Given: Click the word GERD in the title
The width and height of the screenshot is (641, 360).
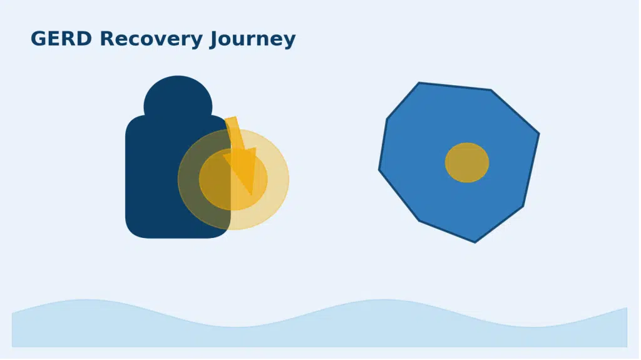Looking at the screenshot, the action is pyautogui.click(x=61, y=38).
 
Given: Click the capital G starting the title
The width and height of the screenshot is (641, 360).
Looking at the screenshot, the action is pyautogui.click(x=38, y=38).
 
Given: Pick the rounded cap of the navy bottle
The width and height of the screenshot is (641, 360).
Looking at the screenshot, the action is pyautogui.click(x=178, y=97).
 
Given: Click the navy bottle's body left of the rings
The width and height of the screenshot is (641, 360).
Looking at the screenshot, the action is pyautogui.click(x=151, y=176).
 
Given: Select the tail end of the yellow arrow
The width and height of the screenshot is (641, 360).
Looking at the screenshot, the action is pyautogui.click(x=231, y=118).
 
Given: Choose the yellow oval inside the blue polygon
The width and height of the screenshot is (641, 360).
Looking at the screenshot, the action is pyautogui.click(x=467, y=162).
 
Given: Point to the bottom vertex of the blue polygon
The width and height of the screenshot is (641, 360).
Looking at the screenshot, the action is pyautogui.click(x=475, y=242).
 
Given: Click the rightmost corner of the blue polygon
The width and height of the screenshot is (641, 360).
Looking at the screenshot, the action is pyautogui.click(x=539, y=133).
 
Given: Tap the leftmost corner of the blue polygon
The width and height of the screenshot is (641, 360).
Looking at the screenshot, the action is pyautogui.click(x=379, y=170).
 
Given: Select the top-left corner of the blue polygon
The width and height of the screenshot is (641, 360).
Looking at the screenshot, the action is pyautogui.click(x=419, y=83).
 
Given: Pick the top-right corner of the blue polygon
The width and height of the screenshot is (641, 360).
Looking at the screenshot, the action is pyautogui.click(x=491, y=90).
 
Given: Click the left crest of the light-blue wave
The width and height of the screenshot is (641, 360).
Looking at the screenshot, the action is pyautogui.click(x=86, y=301).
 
